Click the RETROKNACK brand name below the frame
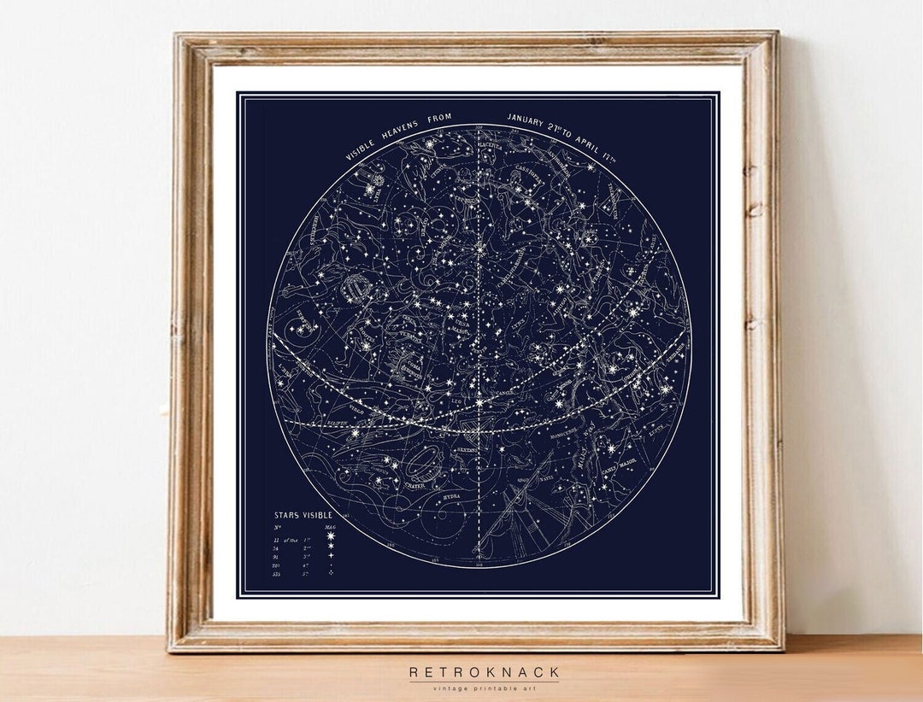pos(484,672)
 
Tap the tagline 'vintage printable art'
pos(484,688)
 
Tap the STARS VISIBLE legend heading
pos(303,515)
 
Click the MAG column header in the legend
pos(331,529)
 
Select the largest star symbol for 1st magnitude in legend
pos(331,541)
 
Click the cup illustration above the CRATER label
pos(420,466)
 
